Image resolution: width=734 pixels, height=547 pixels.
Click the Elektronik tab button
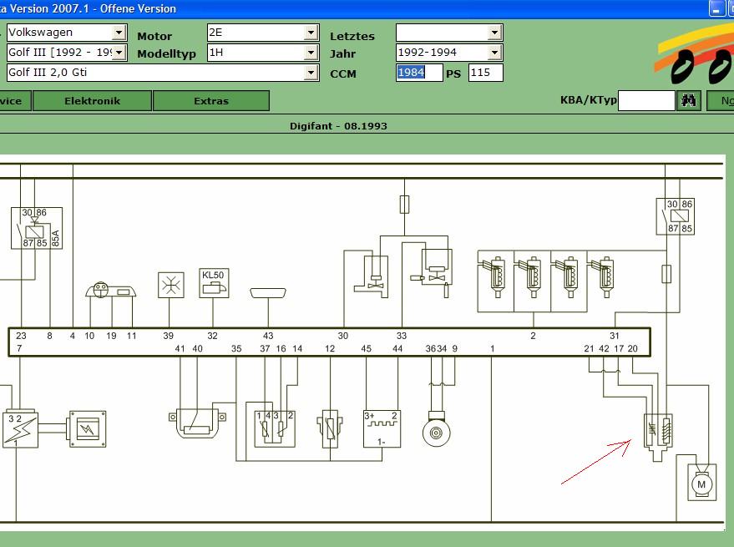tap(93, 101)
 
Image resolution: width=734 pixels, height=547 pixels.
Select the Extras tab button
tap(210, 101)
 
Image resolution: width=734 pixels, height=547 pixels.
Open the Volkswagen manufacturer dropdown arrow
tap(119, 33)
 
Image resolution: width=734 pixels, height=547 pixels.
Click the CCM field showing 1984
tap(418, 73)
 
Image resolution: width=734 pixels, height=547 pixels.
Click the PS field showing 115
tap(485, 73)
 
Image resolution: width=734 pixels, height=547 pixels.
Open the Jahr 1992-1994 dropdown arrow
tap(494, 53)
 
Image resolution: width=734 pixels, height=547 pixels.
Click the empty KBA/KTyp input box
tap(645, 101)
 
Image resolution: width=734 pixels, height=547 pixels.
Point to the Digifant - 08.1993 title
tap(338, 126)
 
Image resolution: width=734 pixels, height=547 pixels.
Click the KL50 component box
tap(213, 282)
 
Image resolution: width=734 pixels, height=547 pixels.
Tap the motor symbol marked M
tap(701, 484)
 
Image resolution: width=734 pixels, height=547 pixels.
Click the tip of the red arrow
tap(631, 440)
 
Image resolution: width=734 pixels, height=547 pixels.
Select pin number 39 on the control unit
tap(168, 336)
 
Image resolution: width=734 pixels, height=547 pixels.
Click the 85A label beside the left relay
tap(56, 239)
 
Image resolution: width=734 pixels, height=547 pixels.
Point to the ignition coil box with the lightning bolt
tap(20, 429)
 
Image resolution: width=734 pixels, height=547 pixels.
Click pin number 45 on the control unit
tap(366, 349)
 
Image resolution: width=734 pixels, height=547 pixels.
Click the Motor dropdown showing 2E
tap(262, 33)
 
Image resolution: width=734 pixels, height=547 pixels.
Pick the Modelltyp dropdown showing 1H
tap(262, 53)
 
